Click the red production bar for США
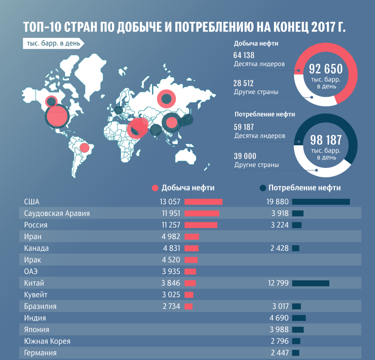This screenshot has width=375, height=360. click(203, 202)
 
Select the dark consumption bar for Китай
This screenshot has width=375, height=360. click(311, 283)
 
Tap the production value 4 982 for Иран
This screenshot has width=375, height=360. click(171, 237)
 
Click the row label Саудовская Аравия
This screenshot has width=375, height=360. click(57, 213)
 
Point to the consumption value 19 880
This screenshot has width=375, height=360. click(277, 202)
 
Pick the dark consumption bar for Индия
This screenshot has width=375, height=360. click(299, 318)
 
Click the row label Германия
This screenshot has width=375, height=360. click(40, 353)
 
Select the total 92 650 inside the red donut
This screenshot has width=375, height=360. click(326, 69)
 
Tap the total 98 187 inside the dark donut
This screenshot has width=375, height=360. click(326, 140)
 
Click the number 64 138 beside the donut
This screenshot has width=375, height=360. click(244, 55)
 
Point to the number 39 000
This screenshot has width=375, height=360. click(245, 156)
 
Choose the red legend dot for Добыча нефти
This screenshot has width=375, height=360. click(155, 188)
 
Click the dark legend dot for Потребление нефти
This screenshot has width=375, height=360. click(263, 188)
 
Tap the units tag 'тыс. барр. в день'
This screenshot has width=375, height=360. click(53, 44)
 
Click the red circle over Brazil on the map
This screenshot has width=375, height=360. click(84, 147)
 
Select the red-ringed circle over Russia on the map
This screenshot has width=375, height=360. click(166, 99)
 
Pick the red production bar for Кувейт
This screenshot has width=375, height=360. click(189, 295)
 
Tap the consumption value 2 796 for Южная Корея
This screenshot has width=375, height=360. click(279, 341)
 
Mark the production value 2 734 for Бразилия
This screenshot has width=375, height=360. click(171, 306)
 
